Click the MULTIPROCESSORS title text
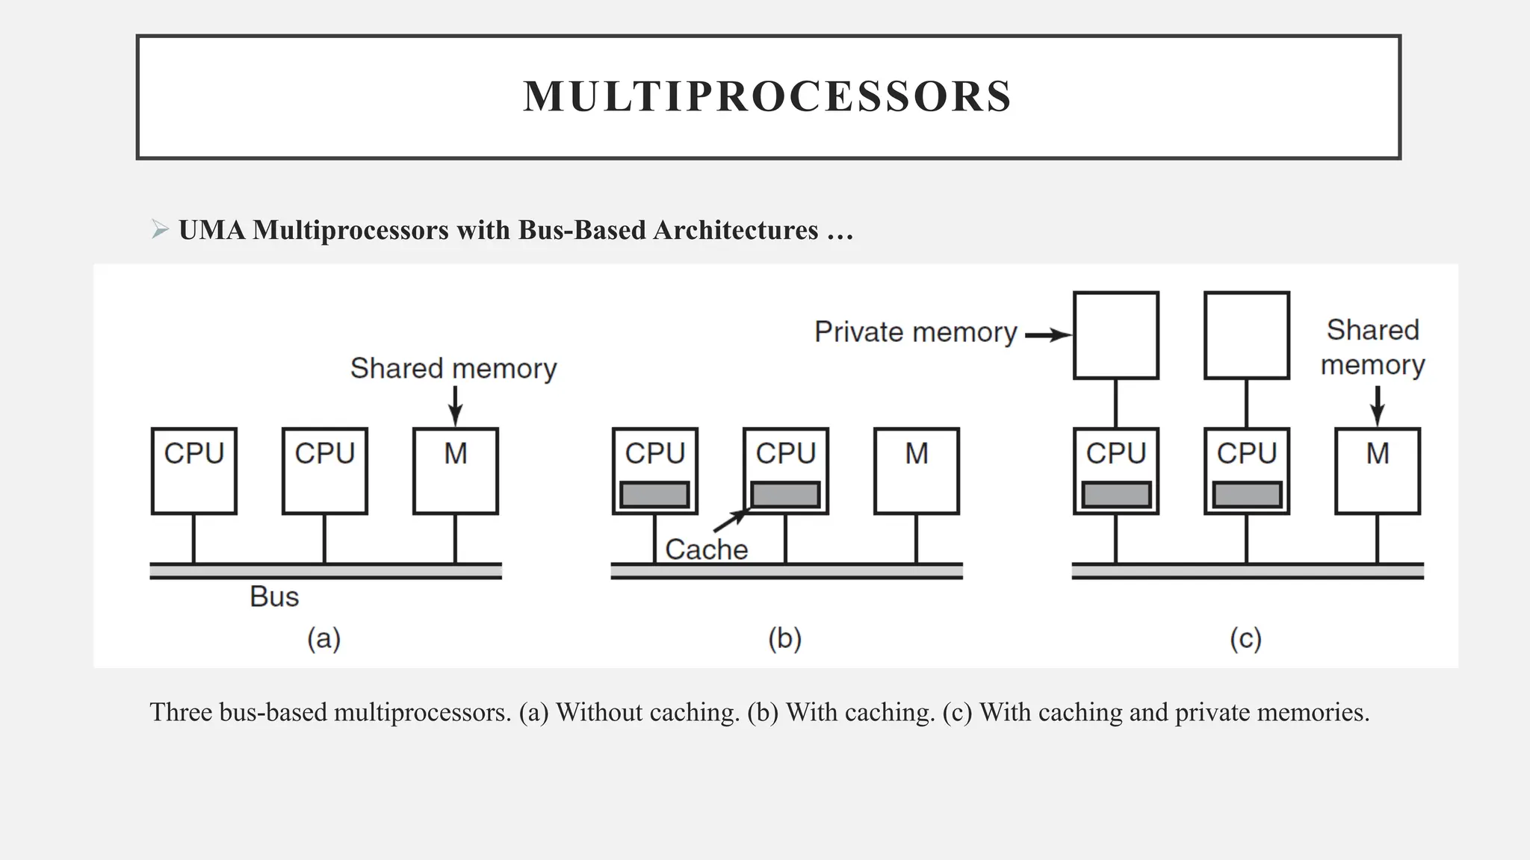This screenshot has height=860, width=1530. point(767,96)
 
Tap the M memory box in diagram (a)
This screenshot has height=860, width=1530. point(455,470)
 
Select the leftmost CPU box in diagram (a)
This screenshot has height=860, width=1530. point(193,470)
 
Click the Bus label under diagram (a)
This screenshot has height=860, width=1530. point(274,596)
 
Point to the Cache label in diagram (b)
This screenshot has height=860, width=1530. point(706,549)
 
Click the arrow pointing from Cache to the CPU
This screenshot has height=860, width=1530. point(731,520)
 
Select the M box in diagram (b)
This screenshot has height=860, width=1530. point(916,470)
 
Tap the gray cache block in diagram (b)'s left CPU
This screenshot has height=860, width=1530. point(654,494)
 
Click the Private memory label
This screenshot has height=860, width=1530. point(915,331)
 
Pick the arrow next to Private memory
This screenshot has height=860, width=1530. point(1047,335)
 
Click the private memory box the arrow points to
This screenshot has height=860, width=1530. point(1115,335)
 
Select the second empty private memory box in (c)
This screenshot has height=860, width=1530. point(1246,335)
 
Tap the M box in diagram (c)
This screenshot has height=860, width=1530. point(1377,470)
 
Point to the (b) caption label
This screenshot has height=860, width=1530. point(784,639)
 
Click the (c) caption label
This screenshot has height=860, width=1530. point(1245,639)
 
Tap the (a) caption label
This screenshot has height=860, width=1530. point(323,639)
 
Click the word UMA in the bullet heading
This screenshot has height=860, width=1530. point(212,230)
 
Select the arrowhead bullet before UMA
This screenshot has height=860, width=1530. point(159,229)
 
